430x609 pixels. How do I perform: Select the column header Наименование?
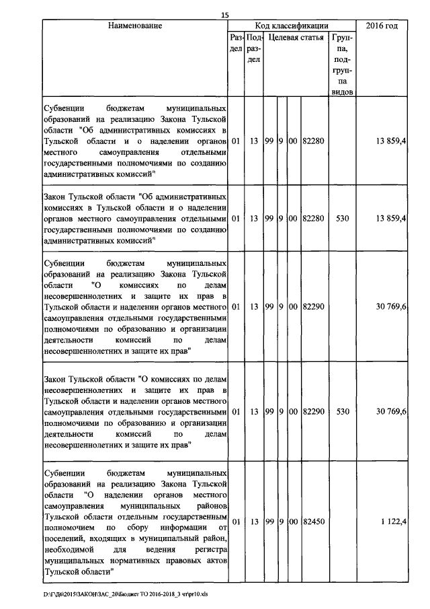pyautogui.click(x=134, y=26)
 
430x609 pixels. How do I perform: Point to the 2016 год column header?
pyautogui.click(x=382, y=26)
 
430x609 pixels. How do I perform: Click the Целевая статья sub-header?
pyautogui.click(x=296, y=38)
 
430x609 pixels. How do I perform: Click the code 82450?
pyautogui.click(x=314, y=522)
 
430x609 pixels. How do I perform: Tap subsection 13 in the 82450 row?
pyautogui.click(x=253, y=522)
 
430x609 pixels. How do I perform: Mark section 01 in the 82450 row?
pyautogui.click(x=236, y=522)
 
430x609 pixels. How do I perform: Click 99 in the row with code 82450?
pyautogui.click(x=268, y=522)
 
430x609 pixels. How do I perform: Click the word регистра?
pyautogui.click(x=206, y=549)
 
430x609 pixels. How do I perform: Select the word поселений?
pyautogui.click(x=62, y=538)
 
